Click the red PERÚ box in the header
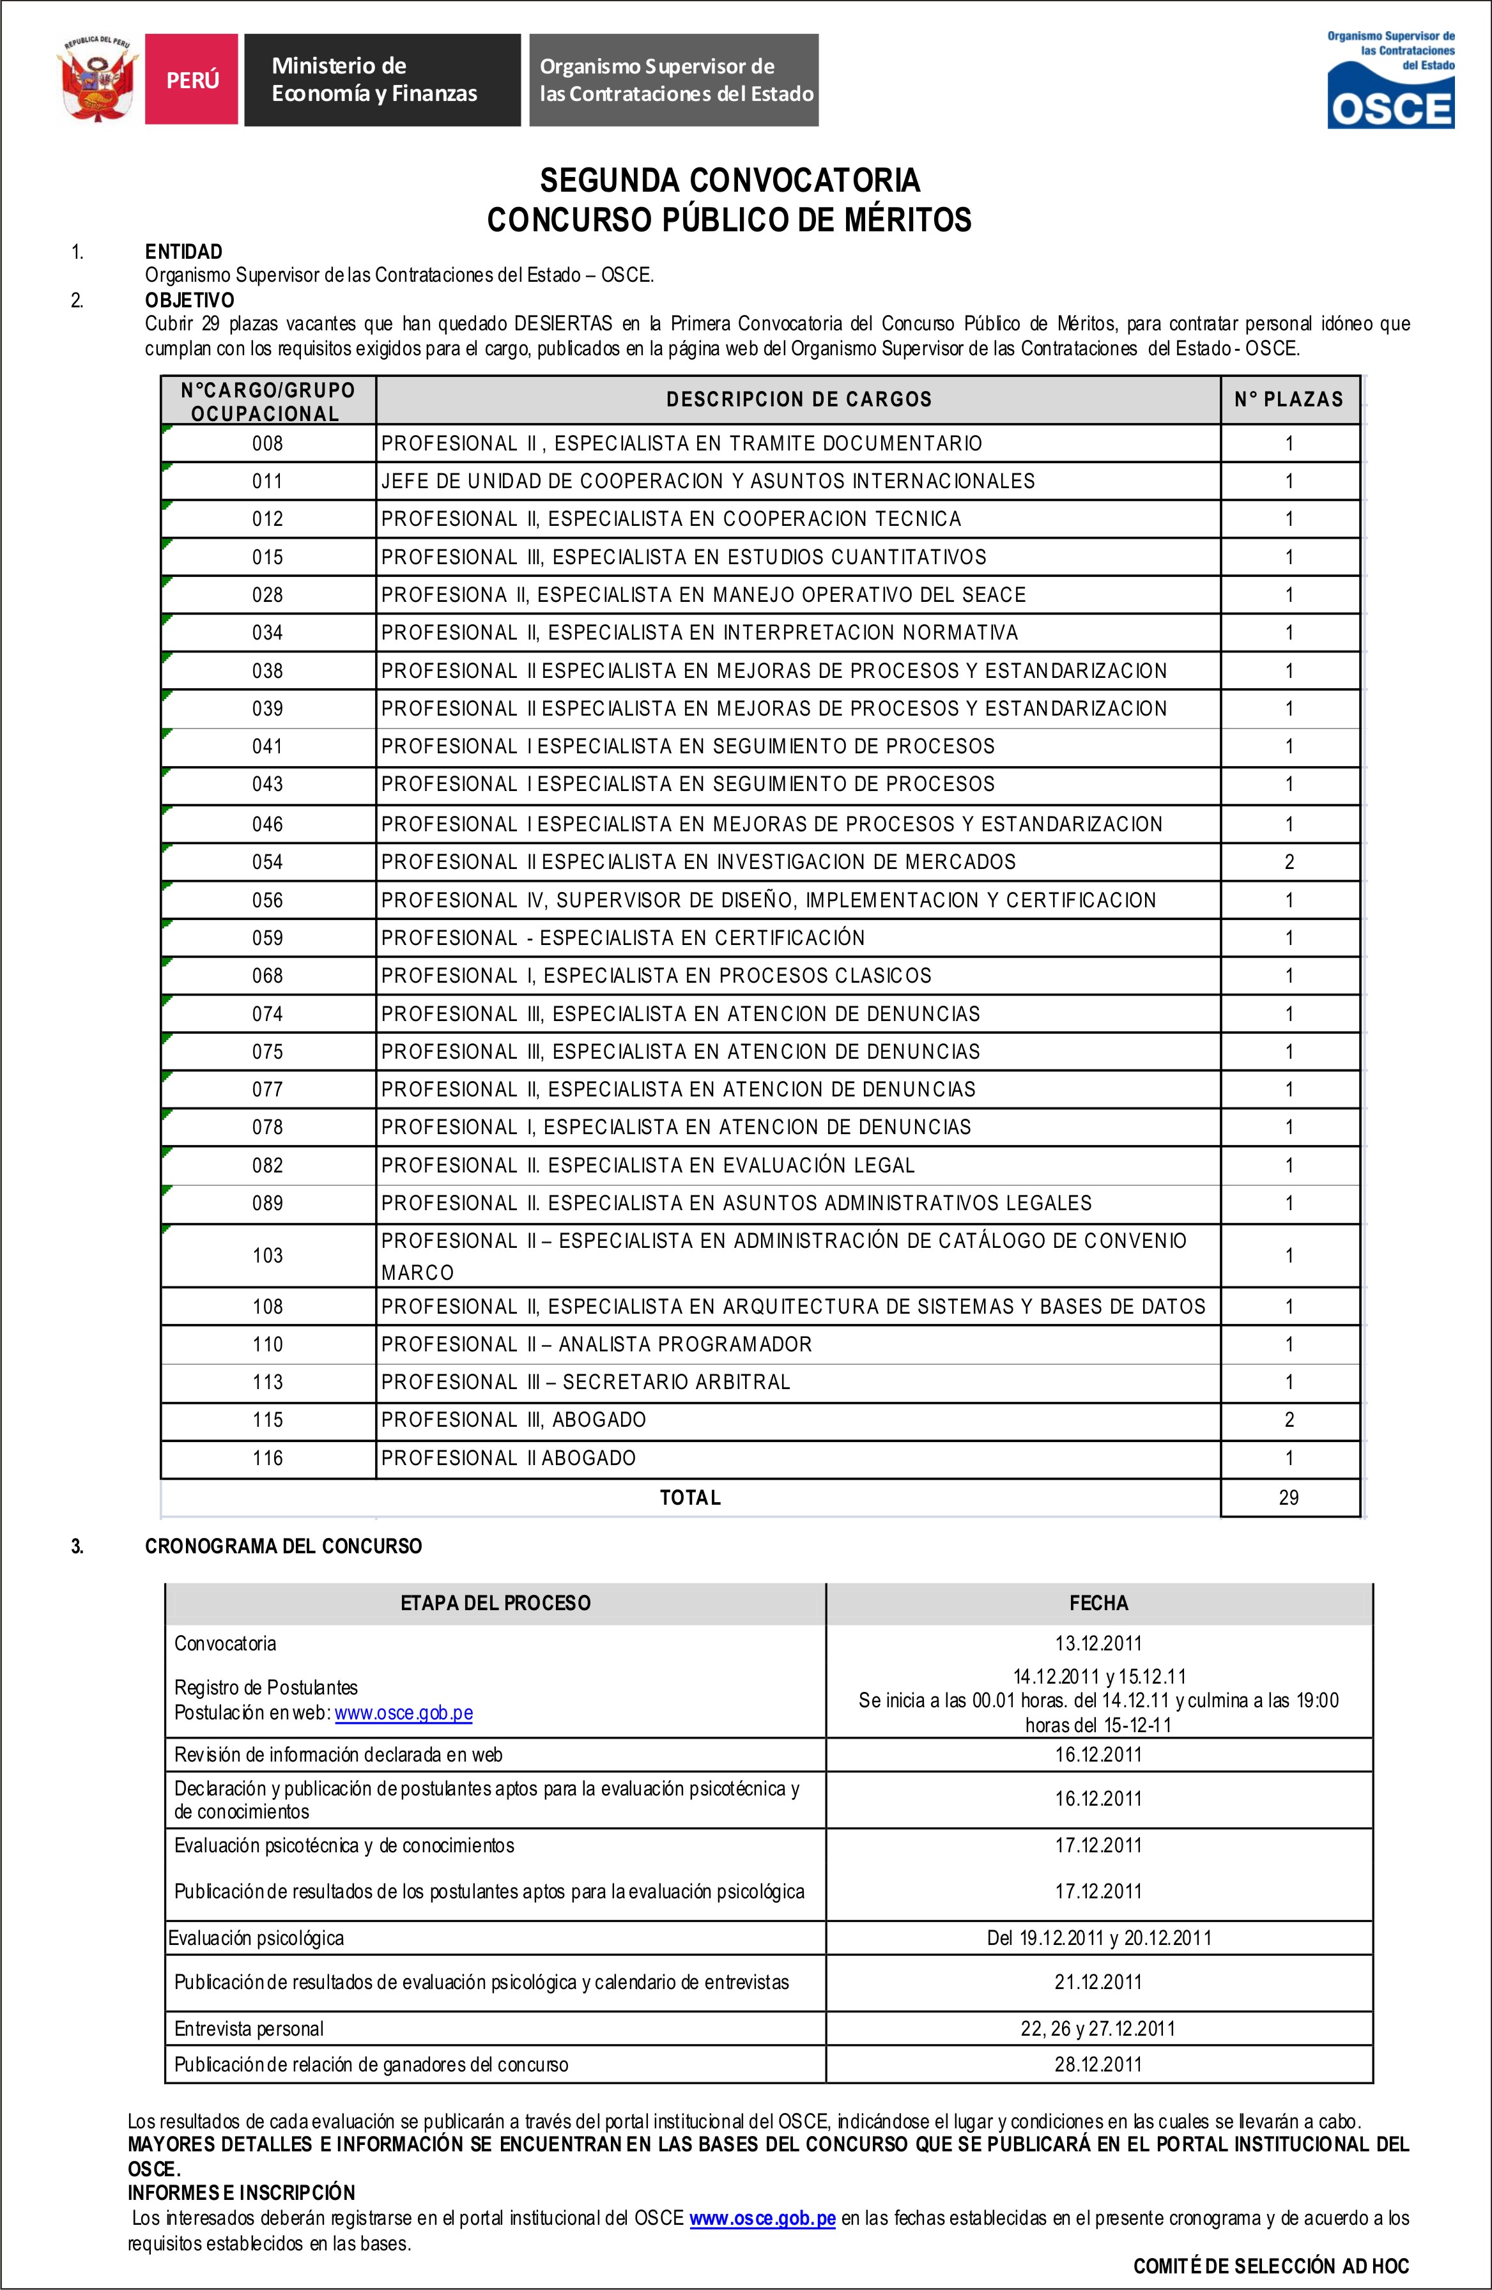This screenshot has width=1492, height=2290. coord(192,80)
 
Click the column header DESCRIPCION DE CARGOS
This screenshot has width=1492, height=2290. coord(799,399)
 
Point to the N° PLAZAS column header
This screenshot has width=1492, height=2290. coord(1288,399)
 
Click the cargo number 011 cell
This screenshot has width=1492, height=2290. coord(268,481)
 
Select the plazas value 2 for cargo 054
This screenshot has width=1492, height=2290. coord(1289,862)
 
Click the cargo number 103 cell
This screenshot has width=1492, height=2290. coord(268,1256)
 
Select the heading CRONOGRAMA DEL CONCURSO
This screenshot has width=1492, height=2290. coord(283,1546)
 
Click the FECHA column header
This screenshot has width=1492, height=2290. coord(1098,1603)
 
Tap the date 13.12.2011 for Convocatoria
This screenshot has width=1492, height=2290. coord(1098,1643)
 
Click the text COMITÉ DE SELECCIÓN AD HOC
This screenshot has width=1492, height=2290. coord(1271,2266)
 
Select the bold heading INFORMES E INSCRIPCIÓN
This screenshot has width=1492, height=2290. coord(242,2193)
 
